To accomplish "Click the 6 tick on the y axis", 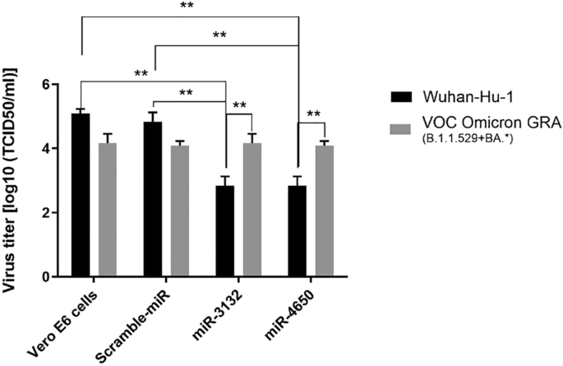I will pyautogui.click(x=54, y=84).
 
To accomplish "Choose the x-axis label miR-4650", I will pyautogui.click(x=284, y=313).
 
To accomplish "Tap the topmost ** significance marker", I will pyautogui.click(x=188, y=6).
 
